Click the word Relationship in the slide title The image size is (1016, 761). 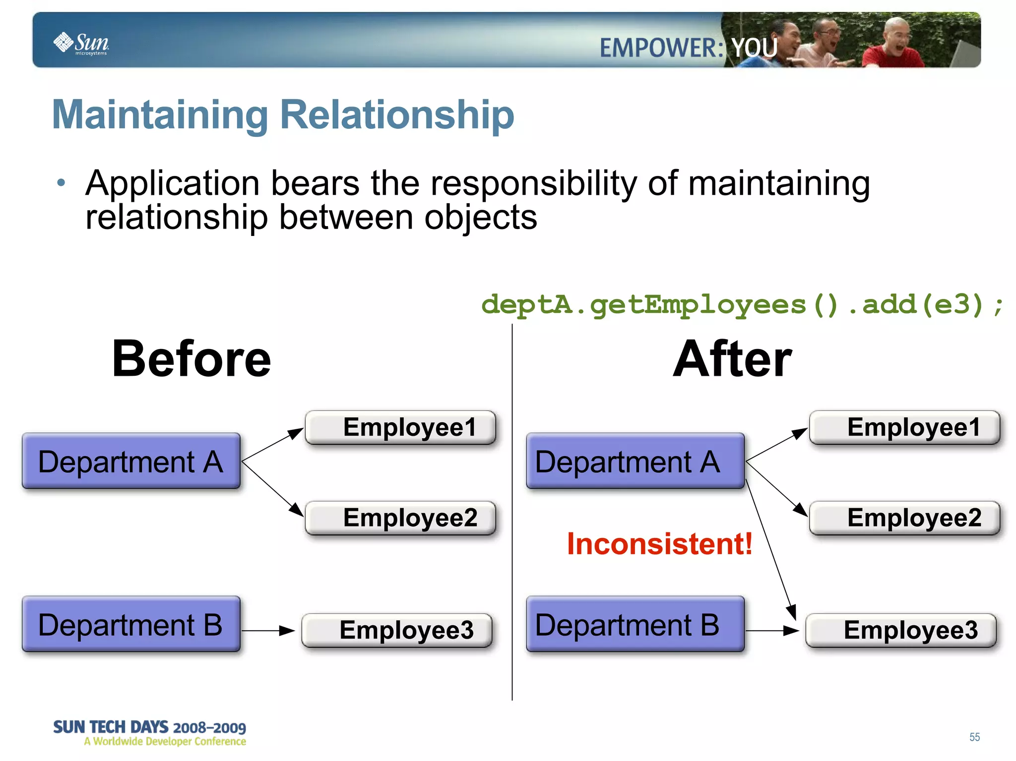pos(397,115)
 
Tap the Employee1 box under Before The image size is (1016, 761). pos(401,427)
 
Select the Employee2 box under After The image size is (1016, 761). pos(904,518)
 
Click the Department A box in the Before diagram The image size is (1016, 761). pos(131,461)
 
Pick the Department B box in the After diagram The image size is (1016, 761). pos(635,624)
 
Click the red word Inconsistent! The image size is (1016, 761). pos(659,544)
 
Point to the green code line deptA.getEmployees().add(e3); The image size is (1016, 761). pos(742,304)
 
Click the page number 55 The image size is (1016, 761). pos(974,737)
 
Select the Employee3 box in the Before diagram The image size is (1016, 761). pos(397,630)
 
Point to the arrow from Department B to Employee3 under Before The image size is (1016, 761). pos(268,631)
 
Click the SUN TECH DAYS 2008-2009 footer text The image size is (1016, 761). pos(149,727)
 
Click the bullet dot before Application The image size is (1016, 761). pos(61,183)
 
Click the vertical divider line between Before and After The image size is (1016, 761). pos(512,511)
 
